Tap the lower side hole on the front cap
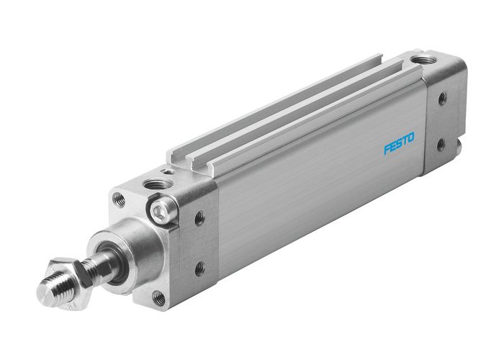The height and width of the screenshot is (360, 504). tap(199, 269)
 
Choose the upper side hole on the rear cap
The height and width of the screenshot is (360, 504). tap(441, 96)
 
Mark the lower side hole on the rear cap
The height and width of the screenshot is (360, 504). tap(440, 143)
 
